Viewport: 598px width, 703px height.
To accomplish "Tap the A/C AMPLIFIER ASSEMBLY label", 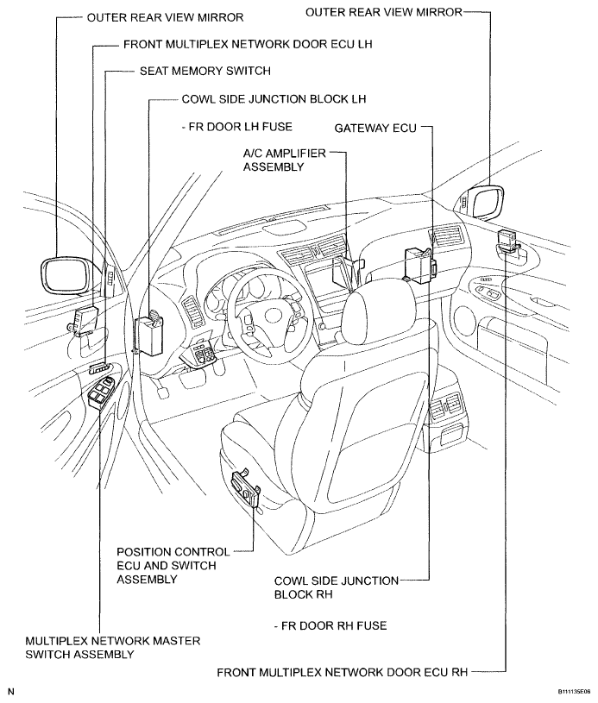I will (285, 160).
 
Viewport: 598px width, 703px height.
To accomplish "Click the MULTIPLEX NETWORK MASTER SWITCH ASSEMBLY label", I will (112, 647).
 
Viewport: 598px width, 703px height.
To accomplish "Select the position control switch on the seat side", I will (245, 488).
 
